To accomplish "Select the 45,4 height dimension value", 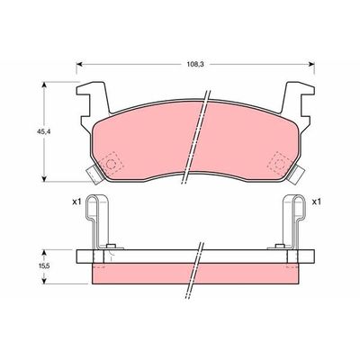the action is (x=42, y=131).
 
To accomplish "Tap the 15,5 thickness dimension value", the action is (x=42, y=265).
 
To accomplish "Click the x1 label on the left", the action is (x=76, y=202).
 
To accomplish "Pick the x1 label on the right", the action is (x=316, y=202).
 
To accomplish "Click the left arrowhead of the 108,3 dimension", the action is (x=79, y=64).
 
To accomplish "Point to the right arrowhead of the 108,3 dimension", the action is (x=311, y=64).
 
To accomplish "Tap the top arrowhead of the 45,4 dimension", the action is (x=44, y=85).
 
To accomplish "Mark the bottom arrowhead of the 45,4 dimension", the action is (x=44, y=179).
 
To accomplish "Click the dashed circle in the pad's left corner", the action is (x=112, y=164).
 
